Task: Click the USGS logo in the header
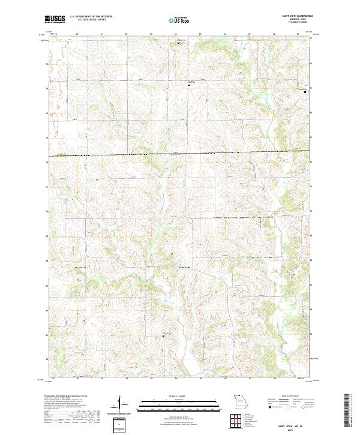[x=55, y=20]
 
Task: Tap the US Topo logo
[x=179, y=20]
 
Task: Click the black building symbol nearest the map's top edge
[x=178, y=43]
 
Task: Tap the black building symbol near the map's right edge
[x=304, y=92]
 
